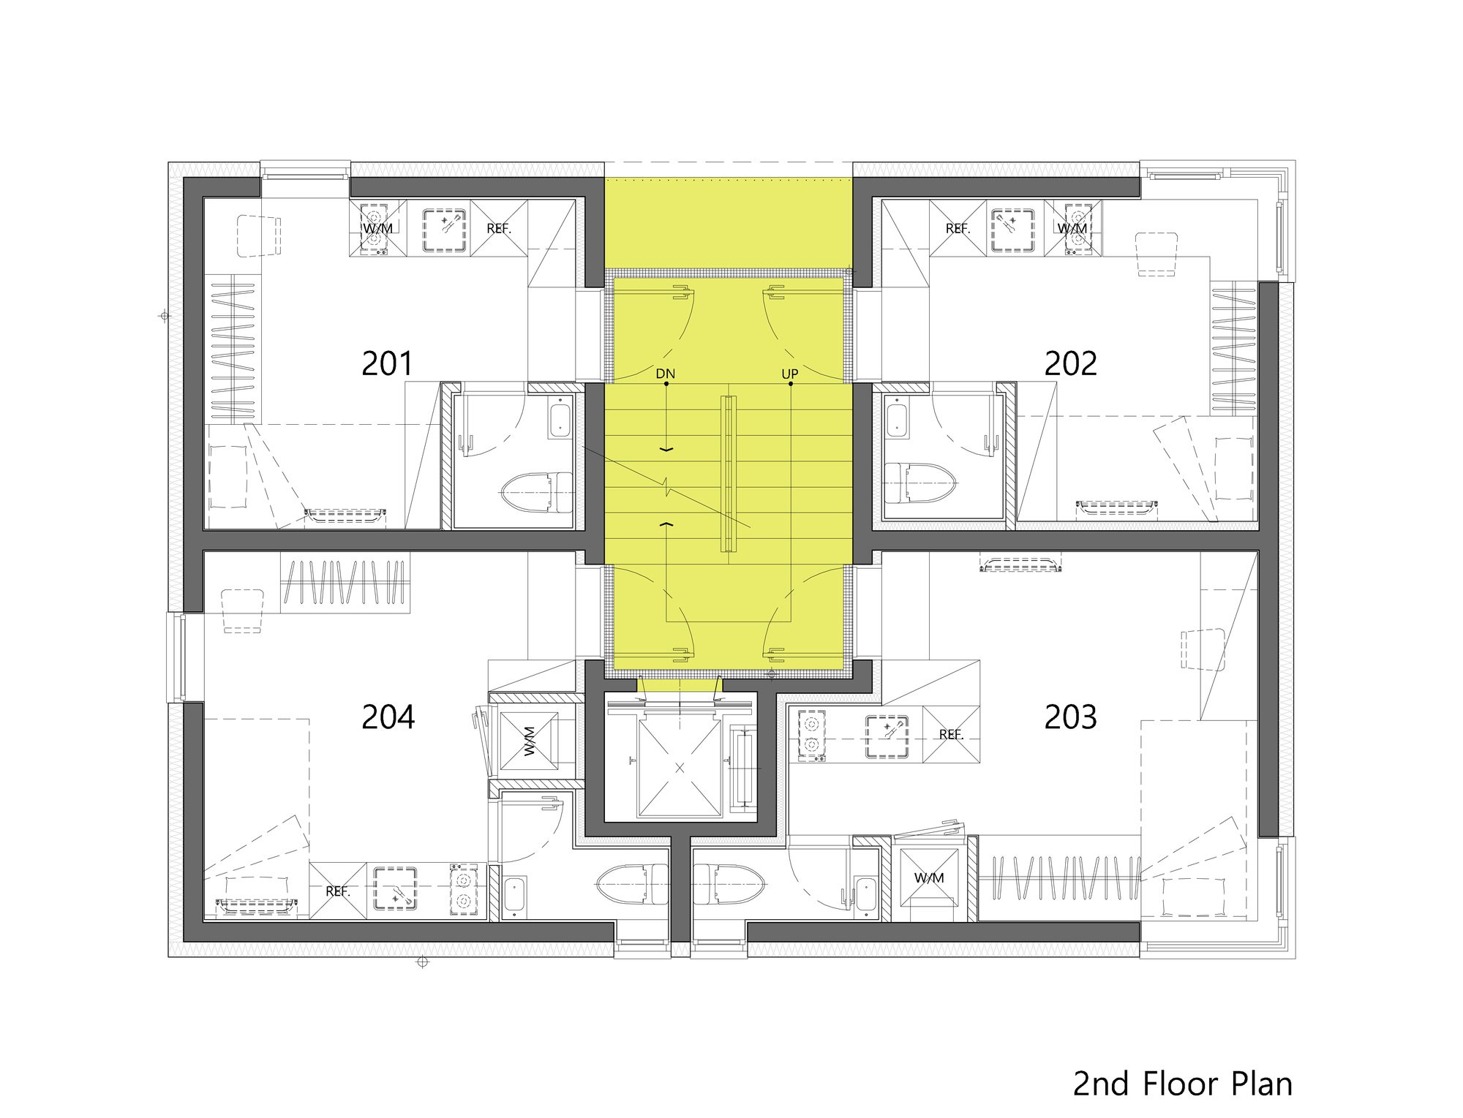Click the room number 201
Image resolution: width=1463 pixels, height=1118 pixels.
coord(387,363)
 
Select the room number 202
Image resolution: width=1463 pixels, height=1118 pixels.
coord(1070,363)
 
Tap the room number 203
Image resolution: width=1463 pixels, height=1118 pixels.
coord(1070,717)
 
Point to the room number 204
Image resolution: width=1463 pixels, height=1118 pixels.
coord(388,717)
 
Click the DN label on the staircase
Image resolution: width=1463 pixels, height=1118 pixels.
coord(665,374)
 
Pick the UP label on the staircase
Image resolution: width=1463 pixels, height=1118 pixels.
coord(789,374)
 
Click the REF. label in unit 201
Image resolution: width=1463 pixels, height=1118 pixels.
coord(499,229)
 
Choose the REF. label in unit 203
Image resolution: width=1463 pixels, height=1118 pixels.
coord(951,735)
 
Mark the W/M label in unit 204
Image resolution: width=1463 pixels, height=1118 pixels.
coord(529,741)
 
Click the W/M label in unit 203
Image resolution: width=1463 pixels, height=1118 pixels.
coord(929,877)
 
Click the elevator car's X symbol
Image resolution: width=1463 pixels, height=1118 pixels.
coord(680,767)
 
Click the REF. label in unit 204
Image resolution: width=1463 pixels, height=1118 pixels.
coord(337,891)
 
